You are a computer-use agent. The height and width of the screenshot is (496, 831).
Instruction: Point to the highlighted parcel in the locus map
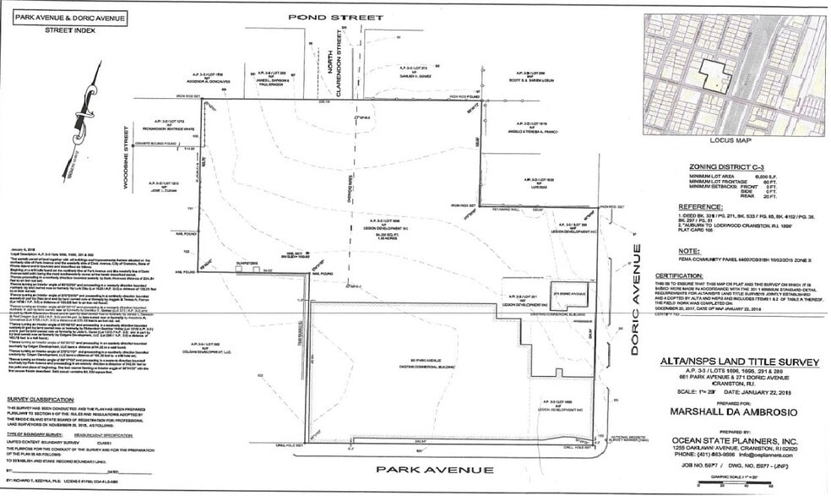pos(714,76)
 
